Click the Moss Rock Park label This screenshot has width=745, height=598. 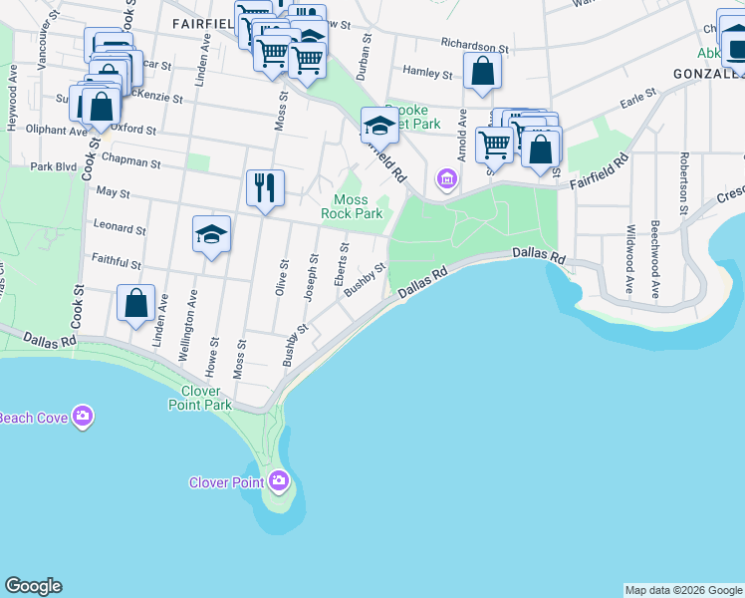pos(352,206)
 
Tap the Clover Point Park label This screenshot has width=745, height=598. pos(199,398)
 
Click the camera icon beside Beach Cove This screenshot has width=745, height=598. pos(82,417)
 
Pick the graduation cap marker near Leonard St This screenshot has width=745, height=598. pos(211,234)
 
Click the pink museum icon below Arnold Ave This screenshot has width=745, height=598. pos(446,179)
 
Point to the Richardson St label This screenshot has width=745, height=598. pos(474,47)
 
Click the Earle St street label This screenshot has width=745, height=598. pos(637,98)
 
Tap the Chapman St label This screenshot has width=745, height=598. pos(136,161)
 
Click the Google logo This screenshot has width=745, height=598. pos(33,586)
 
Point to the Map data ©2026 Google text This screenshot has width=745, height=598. pos(682,590)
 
